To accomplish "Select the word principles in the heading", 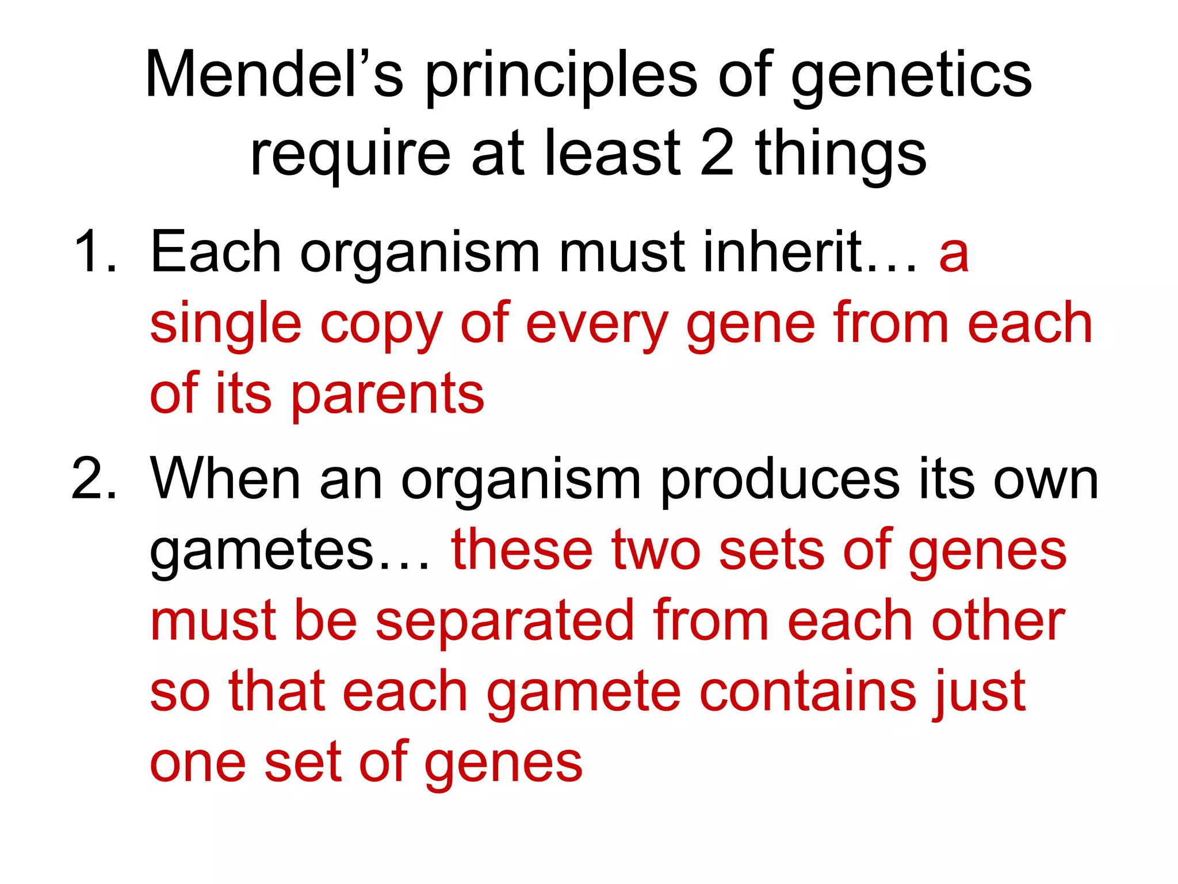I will pos(561,78).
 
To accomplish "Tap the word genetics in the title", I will pos(911,78).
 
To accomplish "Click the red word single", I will pos(225,325).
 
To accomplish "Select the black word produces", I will pos(779,481).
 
